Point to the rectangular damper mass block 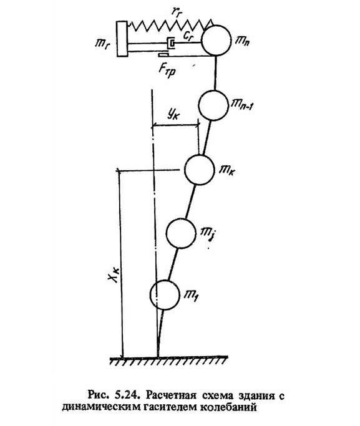coord(122,39)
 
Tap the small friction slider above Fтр coord(163,55)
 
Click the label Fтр coord(167,70)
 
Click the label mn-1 coord(243,104)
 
